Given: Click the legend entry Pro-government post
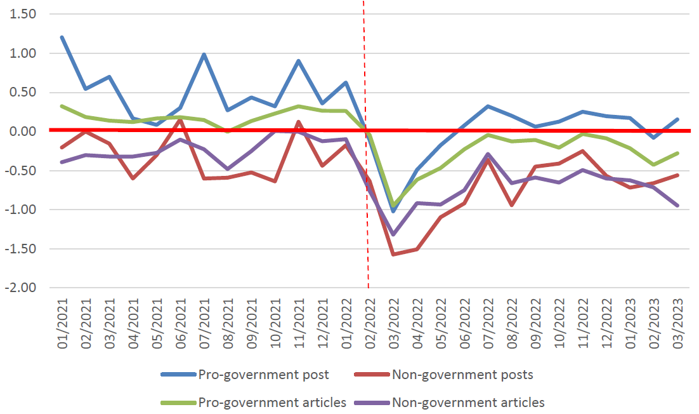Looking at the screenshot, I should point(263,375).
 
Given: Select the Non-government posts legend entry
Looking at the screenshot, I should point(462,375).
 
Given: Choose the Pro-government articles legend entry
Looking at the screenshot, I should point(272,402).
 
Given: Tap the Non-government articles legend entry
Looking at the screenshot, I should point(468,402).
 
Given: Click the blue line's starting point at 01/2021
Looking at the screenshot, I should point(62,37).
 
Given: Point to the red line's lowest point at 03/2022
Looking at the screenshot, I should point(393,254).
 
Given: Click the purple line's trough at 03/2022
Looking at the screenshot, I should point(393,234).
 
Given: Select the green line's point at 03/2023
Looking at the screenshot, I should point(677,153).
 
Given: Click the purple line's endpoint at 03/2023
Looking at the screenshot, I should point(677,205).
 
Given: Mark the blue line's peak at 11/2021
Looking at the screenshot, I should point(299,61).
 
